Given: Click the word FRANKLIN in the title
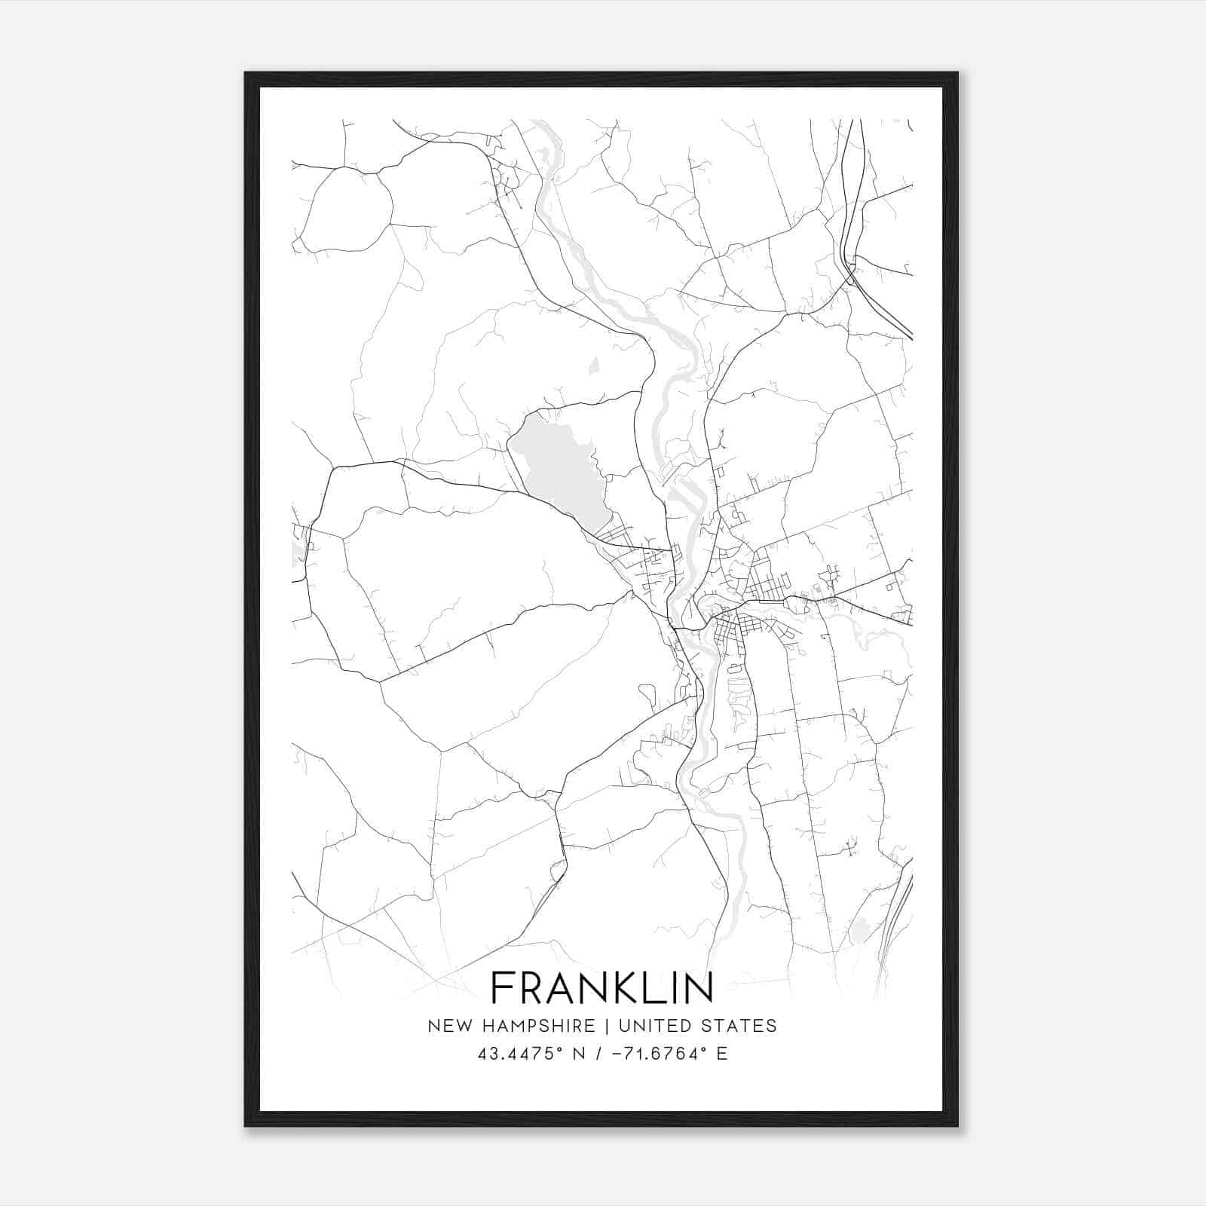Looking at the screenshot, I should (601, 988).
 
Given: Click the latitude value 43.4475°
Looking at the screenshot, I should (521, 1054).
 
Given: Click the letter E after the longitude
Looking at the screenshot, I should (722, 1054).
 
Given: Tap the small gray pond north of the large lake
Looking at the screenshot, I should (593, 366).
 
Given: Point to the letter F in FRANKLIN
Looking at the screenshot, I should (503, 988).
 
